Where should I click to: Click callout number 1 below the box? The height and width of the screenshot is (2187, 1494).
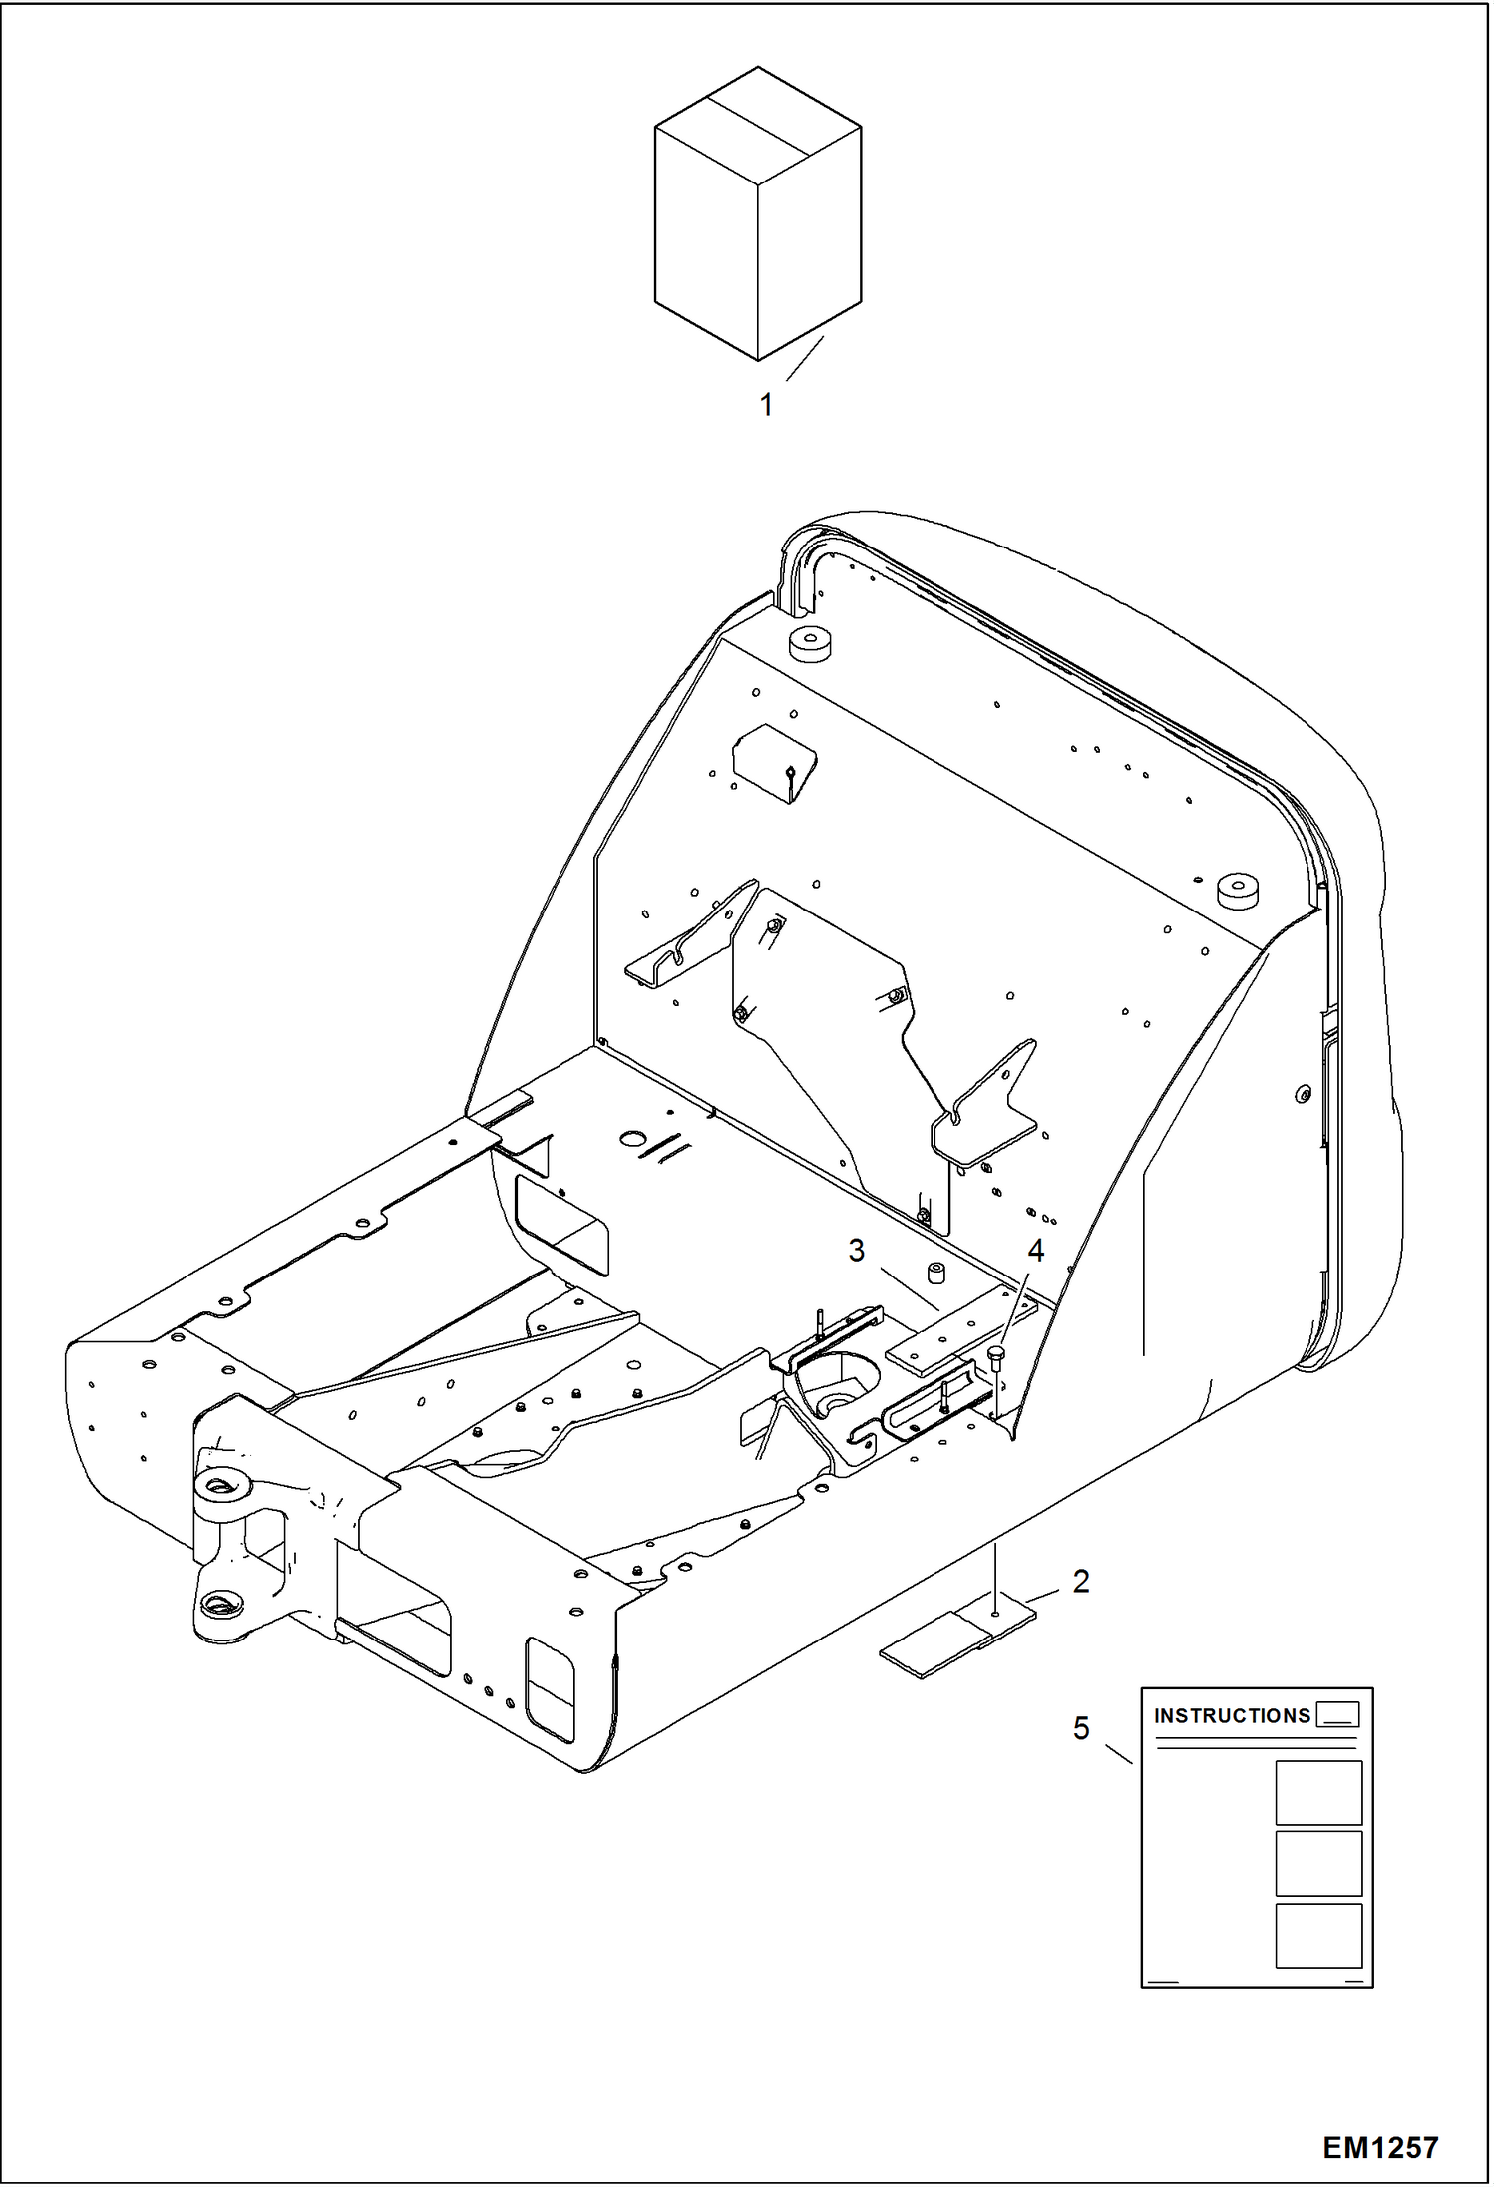[766, 405]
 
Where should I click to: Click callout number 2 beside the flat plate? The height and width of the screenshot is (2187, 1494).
[1081, 1582]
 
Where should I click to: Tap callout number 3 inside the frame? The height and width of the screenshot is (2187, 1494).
[856, 1251]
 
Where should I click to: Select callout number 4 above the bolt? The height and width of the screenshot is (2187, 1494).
[1035, 1251]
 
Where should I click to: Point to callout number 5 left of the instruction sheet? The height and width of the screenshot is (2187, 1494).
[1081, 1728]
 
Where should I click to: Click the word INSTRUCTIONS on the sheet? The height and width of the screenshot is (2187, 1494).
[1232, 1716]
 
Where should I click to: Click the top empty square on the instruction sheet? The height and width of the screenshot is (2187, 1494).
[1318, 1793]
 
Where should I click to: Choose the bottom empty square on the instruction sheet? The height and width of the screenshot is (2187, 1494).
[1318, 1936]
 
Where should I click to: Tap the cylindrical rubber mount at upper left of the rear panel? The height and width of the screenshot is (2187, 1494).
[810, 644]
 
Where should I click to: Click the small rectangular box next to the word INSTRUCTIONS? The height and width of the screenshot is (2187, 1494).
[1337, 1715]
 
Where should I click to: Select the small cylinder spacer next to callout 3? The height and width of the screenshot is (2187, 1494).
[936, 1275]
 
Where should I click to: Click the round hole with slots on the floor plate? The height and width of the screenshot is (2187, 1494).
[632, 1138]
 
